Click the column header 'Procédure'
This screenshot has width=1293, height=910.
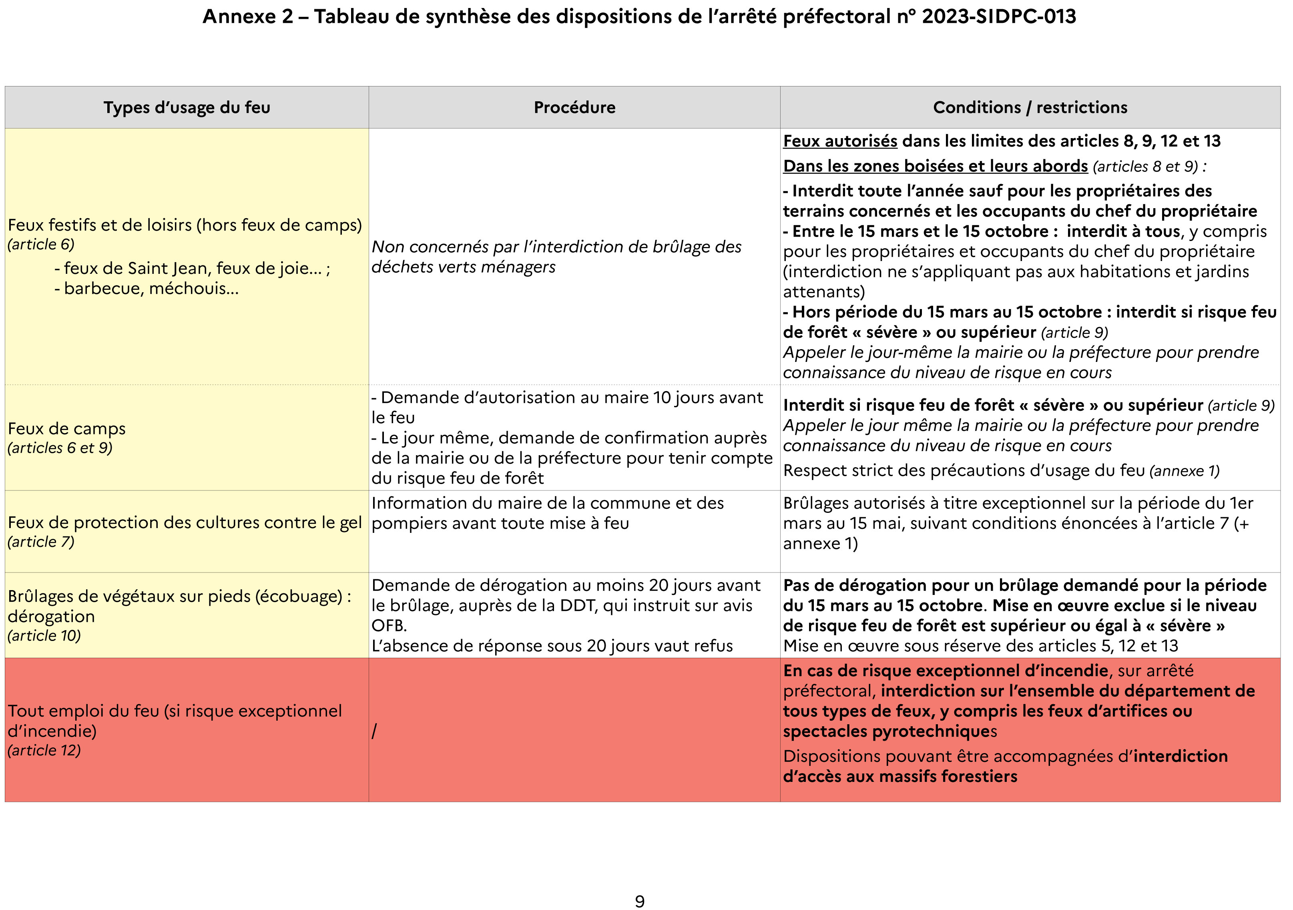click(574, 108)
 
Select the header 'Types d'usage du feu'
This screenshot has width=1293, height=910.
click(187, 108)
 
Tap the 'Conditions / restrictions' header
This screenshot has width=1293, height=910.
click(1030, 108)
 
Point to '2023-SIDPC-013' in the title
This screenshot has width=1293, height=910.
click(998, 17)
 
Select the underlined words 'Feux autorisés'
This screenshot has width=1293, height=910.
click(840, 141)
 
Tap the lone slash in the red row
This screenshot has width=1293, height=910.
click(374, 731)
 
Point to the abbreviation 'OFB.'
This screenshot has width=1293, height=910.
click(389, 626)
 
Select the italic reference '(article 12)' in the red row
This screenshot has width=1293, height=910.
click(44, 750)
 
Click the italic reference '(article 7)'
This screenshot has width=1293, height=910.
click(40, 542)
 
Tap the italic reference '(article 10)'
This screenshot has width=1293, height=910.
click(44, 636)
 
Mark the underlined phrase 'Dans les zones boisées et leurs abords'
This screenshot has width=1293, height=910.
click(935, 166)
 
